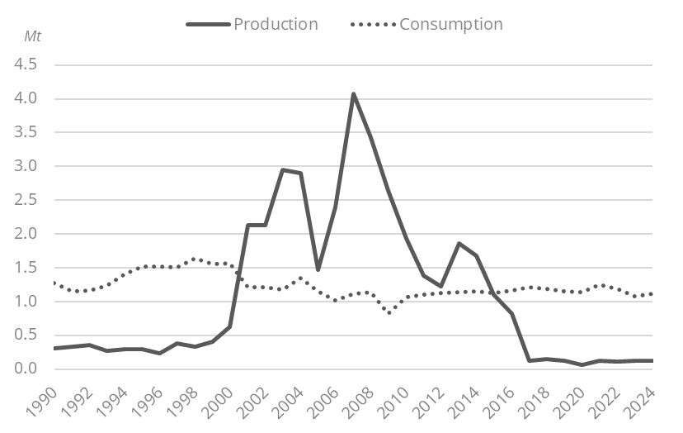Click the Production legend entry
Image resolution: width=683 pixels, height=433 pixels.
click(x=275, y=24)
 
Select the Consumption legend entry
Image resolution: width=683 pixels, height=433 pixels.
click(x=450, y=24)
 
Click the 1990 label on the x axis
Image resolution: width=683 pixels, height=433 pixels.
click(x=51, y=398)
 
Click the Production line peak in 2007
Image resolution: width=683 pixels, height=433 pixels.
click(x=353, y=94)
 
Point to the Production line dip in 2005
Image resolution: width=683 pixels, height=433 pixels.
click(x=318, y=269)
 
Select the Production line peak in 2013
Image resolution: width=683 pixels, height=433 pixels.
click(x=459, y=243)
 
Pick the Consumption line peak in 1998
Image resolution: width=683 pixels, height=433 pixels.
click(x=195, y=259)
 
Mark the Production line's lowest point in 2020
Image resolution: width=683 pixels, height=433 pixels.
click(x=582, y=364)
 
